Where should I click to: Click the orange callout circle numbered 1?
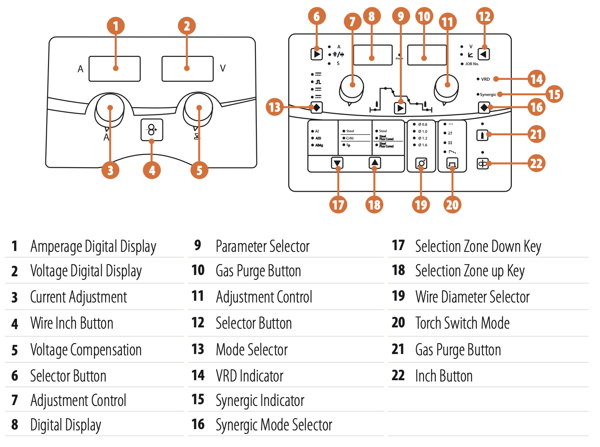[116, 26]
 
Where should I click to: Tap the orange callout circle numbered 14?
[536, 79]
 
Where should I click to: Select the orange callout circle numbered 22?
[536, 164]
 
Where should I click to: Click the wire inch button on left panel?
[152, 130]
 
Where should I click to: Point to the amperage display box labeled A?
[114, 69]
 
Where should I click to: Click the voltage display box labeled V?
[187, 69]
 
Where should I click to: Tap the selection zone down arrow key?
[337, 163]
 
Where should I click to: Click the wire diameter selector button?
[421, 163]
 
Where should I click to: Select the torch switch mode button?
[452, 163]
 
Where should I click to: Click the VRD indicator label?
[485, 79]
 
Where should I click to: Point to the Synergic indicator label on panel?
[488, 94]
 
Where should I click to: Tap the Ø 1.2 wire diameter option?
[423, 138]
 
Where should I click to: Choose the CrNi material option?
[350, 138]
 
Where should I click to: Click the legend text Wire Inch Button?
[72, 323]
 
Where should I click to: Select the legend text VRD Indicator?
[249, 376]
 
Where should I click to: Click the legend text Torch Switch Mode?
[462, 323]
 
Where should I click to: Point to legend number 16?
[198, 424]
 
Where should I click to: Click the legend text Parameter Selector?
[262, 247]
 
